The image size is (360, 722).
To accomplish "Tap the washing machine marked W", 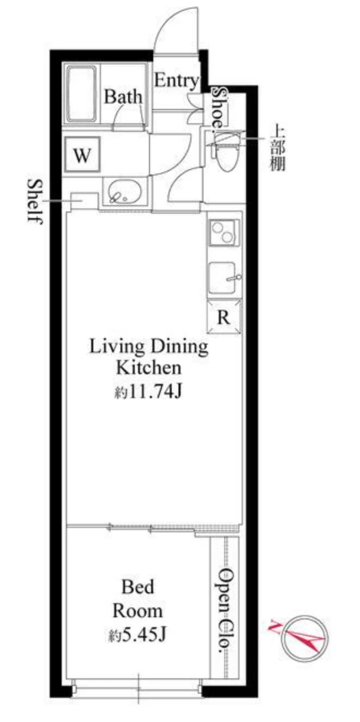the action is pyautogui.click(x=82, y=155).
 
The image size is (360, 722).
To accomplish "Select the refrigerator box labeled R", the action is pyautogui.click(x=224, y=316).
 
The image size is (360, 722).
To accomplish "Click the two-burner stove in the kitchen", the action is pyautogui.click(x=224, y=232).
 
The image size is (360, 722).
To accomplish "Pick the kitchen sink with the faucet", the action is pyautogui.click(x=223, y=278).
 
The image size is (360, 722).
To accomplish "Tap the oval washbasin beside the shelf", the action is pyautogui.click(x=124, y=191).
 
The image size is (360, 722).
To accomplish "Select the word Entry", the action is pyautogui.click(x=176, y=81).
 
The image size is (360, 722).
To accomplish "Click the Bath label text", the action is pyautogui.click(x=123, y=96).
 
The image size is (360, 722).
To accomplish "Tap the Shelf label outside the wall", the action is pyautogui.click(x=35, y=201).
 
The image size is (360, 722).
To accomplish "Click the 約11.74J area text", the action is pyautogui.click(x=148, y=392).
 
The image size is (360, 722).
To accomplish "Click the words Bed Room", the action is pyautogui.click(x=137, y=599).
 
